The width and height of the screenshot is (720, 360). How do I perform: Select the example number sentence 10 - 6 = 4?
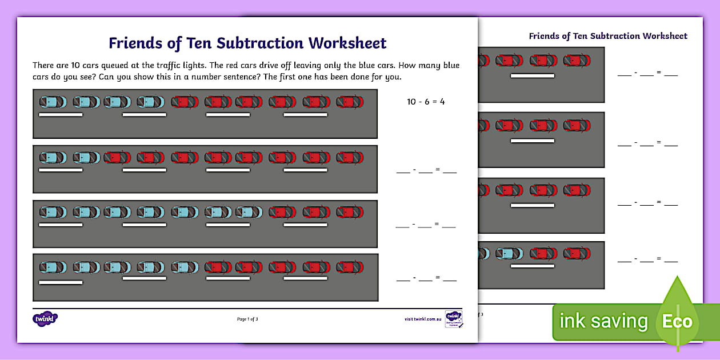pos(426,102)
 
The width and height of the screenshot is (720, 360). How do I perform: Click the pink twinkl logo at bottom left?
pos(46,319)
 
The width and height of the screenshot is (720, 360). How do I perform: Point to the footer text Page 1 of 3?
pos(247,319)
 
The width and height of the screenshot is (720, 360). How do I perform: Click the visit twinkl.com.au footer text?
pos(423,319)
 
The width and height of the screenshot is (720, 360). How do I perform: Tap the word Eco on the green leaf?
pos(677,321)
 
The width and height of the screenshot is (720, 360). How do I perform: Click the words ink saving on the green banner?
pos(603,321)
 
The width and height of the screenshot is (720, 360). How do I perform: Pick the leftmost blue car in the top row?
pos(53,102)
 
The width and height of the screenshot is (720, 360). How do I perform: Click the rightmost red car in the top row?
pos(350,102)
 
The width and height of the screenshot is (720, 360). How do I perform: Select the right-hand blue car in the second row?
pos(86,157)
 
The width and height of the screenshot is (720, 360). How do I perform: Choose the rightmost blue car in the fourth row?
pos(185,267)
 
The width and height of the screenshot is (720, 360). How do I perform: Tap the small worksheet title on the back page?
pos(608,36)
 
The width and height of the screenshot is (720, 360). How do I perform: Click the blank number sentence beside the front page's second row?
pos(426,170)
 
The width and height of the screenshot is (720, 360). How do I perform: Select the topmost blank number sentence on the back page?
pos(647,74)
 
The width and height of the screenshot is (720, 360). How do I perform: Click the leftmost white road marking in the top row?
pos(61,115)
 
